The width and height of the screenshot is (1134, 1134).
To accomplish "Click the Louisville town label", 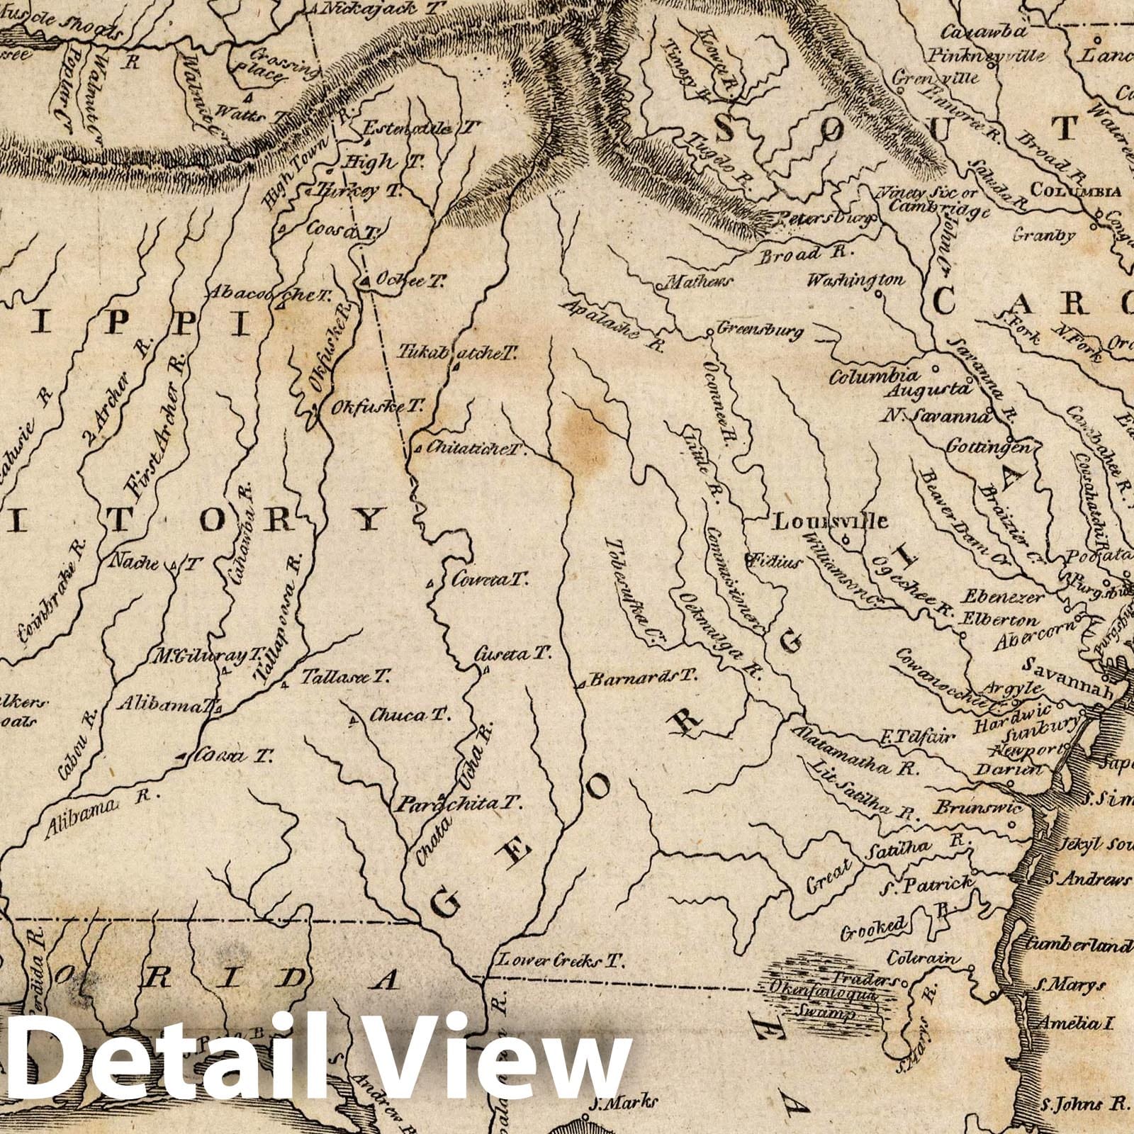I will [830, 522].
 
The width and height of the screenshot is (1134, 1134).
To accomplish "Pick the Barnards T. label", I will [644, 678].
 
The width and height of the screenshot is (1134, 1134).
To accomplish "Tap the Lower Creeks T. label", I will [559, 961].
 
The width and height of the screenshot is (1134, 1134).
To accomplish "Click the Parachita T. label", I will [459, 804].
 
